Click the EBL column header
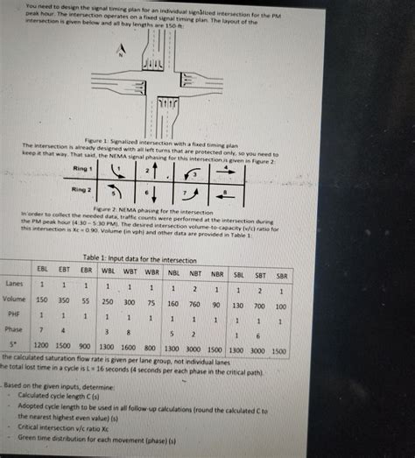click(41, 271)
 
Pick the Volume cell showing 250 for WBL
click(107, 301)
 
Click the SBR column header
click(281, 276)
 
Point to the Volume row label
click(14, 299)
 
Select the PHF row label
click(14, 314)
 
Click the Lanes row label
click(14, 284)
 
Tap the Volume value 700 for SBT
click(259, 307)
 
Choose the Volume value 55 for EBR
click(85, 300)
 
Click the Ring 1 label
click(82, 167)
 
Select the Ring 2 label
click(82, 187)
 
